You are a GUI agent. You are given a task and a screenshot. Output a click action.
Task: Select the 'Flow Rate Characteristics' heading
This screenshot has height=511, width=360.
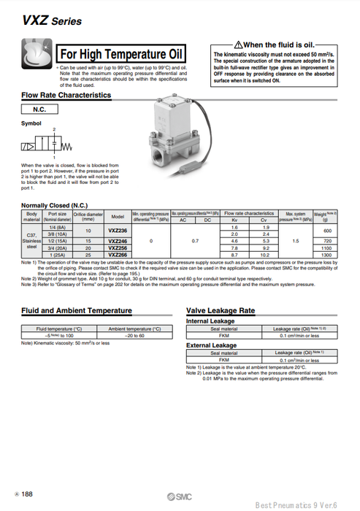[66, 95]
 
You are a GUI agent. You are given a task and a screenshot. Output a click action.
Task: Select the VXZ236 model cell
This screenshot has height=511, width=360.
[118, 230]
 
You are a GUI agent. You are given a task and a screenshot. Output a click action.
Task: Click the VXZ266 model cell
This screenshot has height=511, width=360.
[118, 255]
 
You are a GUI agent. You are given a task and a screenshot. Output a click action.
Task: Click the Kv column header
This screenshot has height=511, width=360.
[234, 219]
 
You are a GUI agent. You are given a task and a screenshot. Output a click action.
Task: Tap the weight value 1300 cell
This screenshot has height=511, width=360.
[326, 255]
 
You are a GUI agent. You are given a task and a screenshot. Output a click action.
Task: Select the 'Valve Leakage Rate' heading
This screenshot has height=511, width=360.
[221, 310]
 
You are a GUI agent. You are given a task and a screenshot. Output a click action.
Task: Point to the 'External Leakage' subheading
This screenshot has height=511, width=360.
[212, 345]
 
